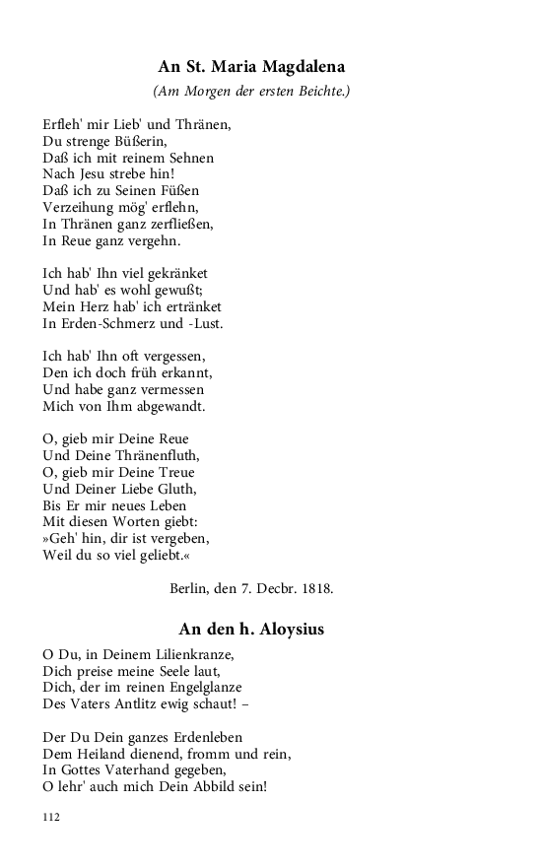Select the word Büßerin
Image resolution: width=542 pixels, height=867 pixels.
coord(142,142)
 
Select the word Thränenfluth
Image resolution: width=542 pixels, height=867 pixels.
coord(159,455)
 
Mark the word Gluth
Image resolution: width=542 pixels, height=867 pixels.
coord(175,489)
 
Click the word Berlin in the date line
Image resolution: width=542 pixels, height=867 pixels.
coord(190,589)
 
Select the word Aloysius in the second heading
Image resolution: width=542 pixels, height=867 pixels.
coord(288,629)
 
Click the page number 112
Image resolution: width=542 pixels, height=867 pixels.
coord(52,818)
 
